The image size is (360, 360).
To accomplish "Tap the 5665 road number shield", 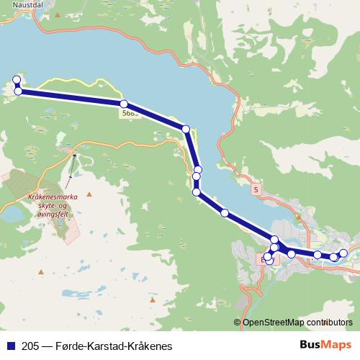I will point(130,112).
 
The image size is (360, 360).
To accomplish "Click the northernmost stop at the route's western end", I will point(17,79).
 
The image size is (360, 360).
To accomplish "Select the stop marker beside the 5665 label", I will point(124,104).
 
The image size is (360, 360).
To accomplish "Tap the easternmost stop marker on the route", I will point(343,253).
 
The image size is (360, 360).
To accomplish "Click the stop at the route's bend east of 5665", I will point(186,129).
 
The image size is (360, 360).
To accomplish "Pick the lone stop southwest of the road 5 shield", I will point(225,213).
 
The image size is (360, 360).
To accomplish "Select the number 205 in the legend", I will point(31,346).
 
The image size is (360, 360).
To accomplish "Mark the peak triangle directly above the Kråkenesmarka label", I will point(89,194).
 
